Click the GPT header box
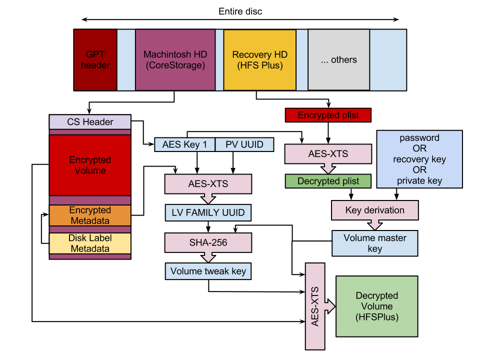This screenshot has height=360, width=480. pos(95,59)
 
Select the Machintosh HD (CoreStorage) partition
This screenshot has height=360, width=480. pos(175,59)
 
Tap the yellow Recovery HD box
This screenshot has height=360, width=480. pos(260,59)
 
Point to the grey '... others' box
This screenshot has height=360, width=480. pos(338,59)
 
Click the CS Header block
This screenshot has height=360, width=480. pos(90,122)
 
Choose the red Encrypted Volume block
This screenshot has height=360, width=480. pos(90,165)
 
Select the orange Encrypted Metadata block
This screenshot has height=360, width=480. pos(90,215)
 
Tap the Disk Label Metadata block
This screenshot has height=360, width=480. pos(90,243)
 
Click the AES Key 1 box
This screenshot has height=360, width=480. pos(184,144)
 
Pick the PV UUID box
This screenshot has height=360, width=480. pos(244,144)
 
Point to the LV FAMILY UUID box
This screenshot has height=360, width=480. pos(208,212)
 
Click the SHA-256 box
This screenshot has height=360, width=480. pos(208,242)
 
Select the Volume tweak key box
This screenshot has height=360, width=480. pos(208,271)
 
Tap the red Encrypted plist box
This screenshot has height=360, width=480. pos(328,115)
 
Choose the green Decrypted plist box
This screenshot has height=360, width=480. pos(328,181)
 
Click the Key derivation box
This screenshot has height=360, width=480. pos(374,210)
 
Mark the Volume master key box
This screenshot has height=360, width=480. pos(374,243)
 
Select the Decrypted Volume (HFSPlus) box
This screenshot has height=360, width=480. pos(376,306)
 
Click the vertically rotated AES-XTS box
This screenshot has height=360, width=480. pos(315,306)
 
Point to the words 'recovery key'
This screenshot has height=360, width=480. pos(419,159)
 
